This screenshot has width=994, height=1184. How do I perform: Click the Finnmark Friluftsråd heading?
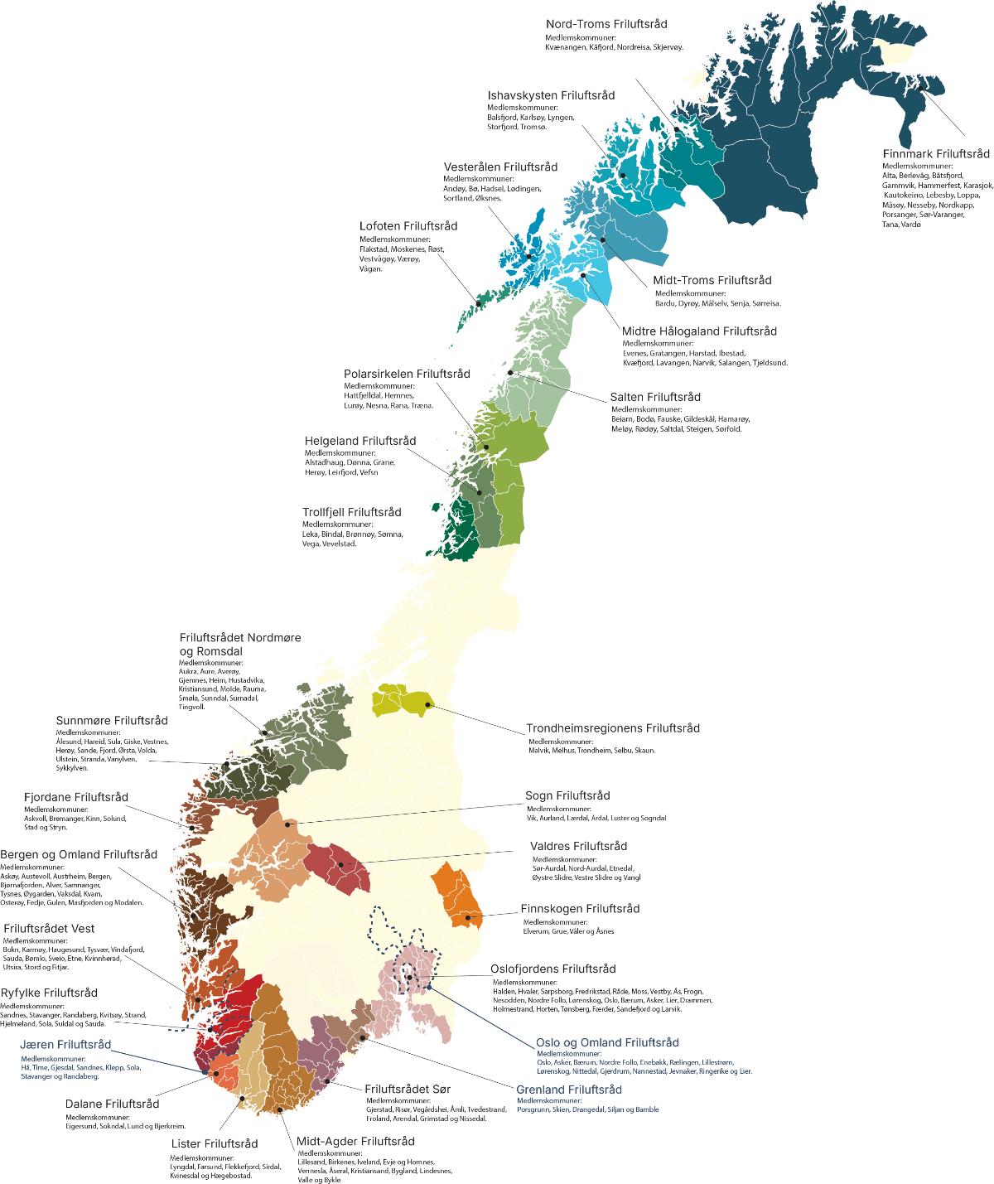click(936, 153)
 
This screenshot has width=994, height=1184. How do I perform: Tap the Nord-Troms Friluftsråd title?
click(606, 24)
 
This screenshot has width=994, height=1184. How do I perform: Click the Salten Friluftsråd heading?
click(655, 397)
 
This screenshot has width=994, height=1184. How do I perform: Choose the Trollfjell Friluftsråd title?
click(352, 512)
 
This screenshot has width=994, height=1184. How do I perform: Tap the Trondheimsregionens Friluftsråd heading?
click(613, 728)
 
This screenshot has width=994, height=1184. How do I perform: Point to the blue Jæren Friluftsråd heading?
click(65, 1044)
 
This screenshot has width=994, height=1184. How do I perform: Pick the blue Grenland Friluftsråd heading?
click(568, 1090)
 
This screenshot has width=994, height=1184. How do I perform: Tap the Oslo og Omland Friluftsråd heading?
click(607, 1041)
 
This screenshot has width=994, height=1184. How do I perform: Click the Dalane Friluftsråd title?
click(112, 1104)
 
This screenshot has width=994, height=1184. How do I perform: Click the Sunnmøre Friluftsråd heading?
click(112, 720)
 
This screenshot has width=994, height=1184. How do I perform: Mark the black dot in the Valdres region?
click(340, 865)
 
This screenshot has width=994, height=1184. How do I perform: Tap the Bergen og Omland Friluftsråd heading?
click(79, 854)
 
